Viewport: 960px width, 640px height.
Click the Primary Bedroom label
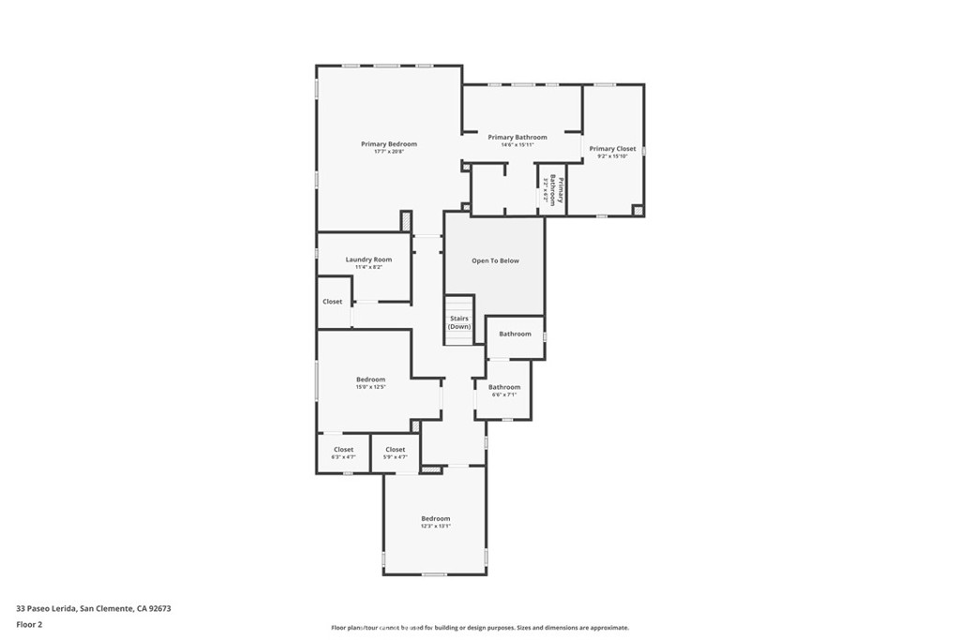(x=389, y=144)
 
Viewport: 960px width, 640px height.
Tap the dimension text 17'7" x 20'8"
(x=389, y=152)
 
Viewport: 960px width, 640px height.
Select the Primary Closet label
(x=612, y=149)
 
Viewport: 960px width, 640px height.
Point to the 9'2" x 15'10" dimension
(x=612, y=156)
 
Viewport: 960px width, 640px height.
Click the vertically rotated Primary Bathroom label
(x=558, y=190)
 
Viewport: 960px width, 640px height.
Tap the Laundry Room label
(x=368, y=260)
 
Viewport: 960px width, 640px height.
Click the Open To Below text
(x=495, y=260)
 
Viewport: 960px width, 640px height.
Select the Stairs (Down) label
(x=459, y=322)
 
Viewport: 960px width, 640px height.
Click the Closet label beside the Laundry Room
(x=333, y=302)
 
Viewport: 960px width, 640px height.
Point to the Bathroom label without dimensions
(x=515, y=334)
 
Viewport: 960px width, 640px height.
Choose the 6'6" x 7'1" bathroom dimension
(x=504, y=394)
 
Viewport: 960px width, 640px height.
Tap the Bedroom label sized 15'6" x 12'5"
(x=370, y=380)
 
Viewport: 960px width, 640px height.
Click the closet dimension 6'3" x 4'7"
(x=344, y=457)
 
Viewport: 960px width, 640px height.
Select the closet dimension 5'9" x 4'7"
(x=396, y=457)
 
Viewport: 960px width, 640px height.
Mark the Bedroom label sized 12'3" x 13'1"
(x=436, y=518)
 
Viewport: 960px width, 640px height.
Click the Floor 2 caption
(x=30, y=623)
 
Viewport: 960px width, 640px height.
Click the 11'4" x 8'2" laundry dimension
(x=368, y=267)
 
